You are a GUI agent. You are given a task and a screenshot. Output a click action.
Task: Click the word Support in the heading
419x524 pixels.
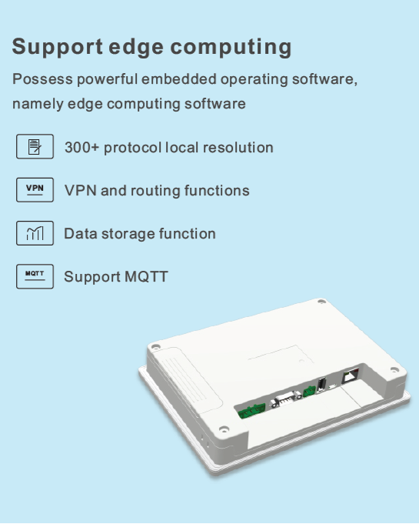58,46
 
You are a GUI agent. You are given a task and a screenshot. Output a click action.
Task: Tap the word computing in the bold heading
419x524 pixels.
231,47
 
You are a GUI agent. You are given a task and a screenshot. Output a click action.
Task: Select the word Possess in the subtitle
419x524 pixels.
42,79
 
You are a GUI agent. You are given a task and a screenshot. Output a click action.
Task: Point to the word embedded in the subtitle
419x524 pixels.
179,79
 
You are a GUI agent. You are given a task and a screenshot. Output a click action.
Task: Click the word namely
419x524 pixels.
38,105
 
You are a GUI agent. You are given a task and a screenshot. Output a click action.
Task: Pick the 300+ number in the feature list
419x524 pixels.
81,148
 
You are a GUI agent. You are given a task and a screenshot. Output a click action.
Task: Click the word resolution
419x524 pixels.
238,148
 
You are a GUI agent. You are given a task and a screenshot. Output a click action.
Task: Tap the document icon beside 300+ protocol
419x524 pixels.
35,146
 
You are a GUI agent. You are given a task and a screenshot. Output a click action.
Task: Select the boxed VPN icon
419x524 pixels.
35,190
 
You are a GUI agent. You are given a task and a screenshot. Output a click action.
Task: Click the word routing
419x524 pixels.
155,191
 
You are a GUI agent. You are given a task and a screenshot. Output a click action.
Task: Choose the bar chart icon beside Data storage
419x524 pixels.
35,233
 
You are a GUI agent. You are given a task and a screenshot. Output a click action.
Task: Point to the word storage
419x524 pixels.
128,234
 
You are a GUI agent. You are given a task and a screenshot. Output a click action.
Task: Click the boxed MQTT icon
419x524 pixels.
35,276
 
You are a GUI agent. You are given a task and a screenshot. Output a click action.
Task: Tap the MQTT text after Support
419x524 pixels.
146,277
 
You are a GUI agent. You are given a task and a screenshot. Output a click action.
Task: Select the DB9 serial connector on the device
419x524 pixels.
285,398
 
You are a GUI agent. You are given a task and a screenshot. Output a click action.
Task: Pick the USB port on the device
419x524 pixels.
322,384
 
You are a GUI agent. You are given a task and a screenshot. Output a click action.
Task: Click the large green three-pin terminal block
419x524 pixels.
251,411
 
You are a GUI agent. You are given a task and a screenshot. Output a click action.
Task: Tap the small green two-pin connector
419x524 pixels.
309,391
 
